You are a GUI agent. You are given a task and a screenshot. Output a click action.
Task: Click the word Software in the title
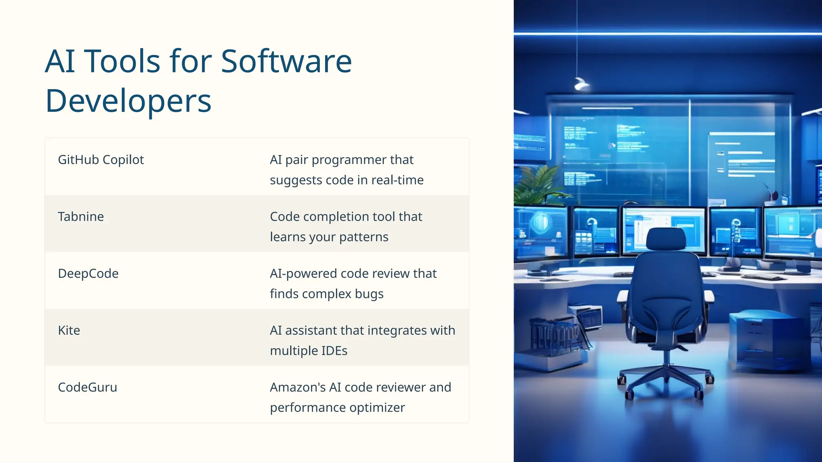pyautogui.click(x=286, y=61)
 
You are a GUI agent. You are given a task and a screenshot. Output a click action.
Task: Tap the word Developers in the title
pyautogui.click(x=128, y=101)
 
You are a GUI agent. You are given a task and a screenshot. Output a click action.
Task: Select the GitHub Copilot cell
pyautogui.click(x=101, y=160)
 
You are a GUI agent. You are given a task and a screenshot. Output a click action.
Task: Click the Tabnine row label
pyautogui.click(x=81, y=217)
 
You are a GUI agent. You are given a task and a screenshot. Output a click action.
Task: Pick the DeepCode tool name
pyautogui.click(x=88, y=274)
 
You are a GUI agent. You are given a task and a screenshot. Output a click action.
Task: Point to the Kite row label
pyautogui.click(x=69, y=330)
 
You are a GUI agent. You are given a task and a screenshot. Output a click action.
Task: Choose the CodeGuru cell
pyautogui.click(x=87, y=387)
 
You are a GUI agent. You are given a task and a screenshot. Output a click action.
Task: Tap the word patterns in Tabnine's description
pyautogui.click(x=364, y=237)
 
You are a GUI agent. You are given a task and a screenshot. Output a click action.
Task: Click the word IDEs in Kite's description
pyautogui.click(x=334, y=351)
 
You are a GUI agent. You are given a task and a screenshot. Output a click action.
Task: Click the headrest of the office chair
pyautogui.click(x=665, y=239)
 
